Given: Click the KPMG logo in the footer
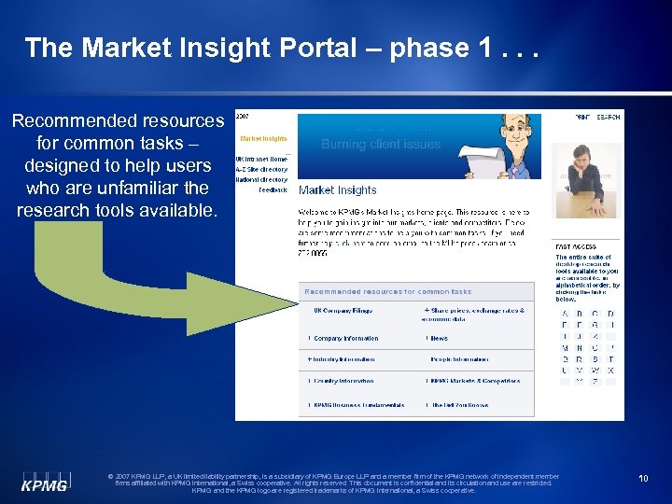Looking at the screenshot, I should coord(45,480).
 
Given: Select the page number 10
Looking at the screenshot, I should coord(643,479).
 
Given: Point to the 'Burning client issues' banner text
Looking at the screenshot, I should coord(380,145).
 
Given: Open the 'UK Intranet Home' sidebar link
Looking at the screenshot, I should coord(261,159).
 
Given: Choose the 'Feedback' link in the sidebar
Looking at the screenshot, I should coord(273,189).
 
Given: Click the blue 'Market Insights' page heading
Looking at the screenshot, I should coord(337,190).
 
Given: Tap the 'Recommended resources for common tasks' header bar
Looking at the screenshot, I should coord(388,292).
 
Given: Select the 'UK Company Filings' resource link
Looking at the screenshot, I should coord(343,310).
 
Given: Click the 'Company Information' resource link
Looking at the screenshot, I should coord(345,338).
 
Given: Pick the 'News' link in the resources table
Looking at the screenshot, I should coord(439,338).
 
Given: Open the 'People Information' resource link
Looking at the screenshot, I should coord(458,359).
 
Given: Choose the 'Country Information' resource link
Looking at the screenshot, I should coord(343,381).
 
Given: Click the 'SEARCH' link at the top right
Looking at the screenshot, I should coord(609,117).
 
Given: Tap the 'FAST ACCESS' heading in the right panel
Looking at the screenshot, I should coord(576,247).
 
